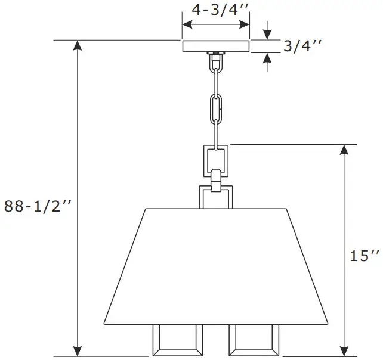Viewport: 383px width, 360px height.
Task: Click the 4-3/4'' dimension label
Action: [x=215, y=10]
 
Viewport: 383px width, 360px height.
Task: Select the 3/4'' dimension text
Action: [x=303, y=46]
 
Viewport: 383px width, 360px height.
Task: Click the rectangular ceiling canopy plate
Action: [x=215, y=46]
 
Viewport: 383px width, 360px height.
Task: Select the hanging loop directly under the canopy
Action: [x=215, y=60]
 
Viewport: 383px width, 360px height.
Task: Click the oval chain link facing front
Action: [x=215, y=109]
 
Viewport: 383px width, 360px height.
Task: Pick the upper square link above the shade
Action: [x=215, y=157]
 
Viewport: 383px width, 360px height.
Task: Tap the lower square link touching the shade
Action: [x=215, y=196]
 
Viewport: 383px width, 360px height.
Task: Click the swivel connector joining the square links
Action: [x=215, y=177]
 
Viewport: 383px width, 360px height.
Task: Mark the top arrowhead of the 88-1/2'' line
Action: [x=77, y=46]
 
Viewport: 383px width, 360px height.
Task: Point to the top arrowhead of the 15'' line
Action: [x=344, y=150]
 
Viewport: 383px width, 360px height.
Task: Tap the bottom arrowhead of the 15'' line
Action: [x=344, y=350]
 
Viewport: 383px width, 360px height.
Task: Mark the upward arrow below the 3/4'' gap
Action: [x=267, y=58]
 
